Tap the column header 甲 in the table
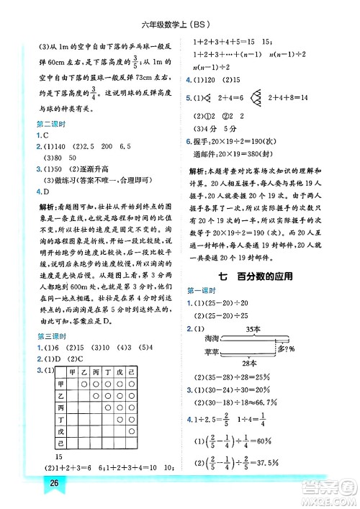tap(71, 372)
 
